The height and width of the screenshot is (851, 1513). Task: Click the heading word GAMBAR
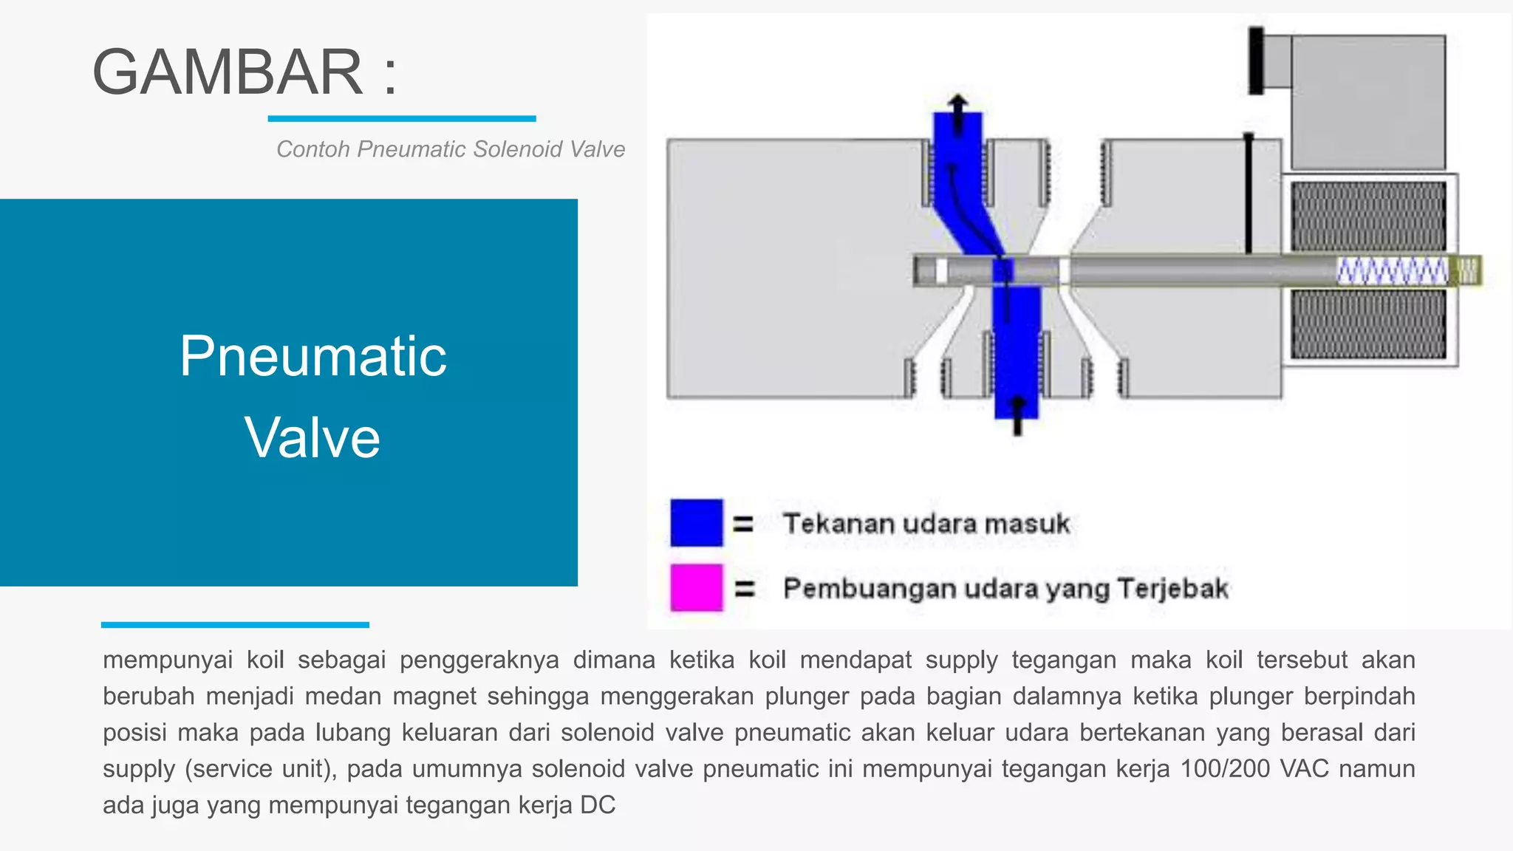click(228, 72)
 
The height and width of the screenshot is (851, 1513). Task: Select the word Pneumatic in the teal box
click(312, 356)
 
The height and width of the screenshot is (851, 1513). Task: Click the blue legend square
click(696, 523)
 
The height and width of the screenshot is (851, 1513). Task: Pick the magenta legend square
click(696, 588)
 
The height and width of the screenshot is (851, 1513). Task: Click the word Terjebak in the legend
click(1172, 589)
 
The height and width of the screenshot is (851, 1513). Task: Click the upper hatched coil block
click(1368, 216)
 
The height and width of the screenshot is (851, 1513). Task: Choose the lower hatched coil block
click(1368, 324)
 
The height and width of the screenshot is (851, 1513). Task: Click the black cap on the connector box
click(1256, 61)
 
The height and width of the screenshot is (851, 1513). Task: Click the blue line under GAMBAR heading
click(401, 118)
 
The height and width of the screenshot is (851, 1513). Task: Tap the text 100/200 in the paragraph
click(1224, 769)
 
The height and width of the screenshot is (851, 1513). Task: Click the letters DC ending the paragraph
click(598, 805)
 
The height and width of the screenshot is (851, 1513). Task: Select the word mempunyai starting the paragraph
click(168, 660)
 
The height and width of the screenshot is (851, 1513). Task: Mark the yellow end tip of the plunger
click(1469, 270)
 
